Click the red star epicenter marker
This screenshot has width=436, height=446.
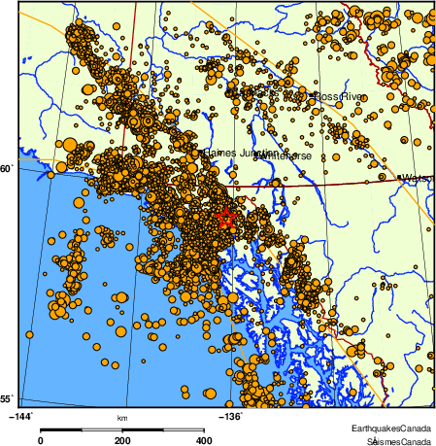tap(225, 218)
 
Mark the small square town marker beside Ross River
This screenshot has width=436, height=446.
tap(311, 97)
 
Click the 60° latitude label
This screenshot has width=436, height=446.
tap(6, 169)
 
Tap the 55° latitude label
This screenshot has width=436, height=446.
tap(6, 398)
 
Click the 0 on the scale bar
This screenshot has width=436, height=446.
tap(40, 440)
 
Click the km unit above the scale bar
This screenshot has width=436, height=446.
tap(121, 418)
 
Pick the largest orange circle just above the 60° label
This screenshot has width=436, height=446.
tap(69, 147)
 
